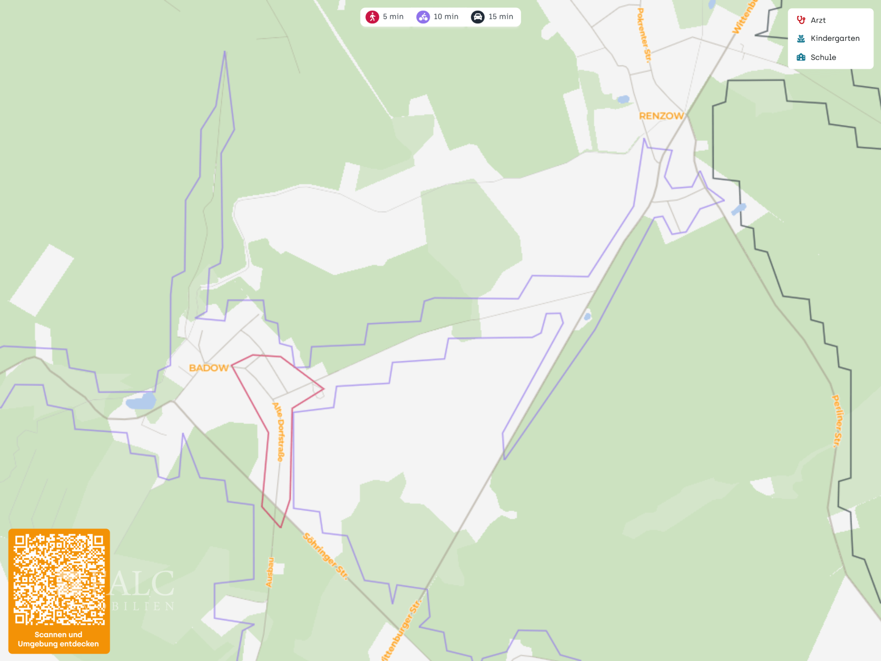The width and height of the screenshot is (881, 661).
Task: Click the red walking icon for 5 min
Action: (372, 17)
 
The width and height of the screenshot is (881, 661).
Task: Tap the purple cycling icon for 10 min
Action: (423, 17)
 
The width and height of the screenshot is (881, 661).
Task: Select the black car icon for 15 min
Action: (478, 17)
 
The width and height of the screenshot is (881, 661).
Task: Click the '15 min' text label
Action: (501, 17)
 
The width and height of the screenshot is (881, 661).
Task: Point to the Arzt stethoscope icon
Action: (801, 20)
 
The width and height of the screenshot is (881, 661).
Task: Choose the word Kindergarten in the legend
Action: (835, 39)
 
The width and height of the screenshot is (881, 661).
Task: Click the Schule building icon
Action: (801, 57)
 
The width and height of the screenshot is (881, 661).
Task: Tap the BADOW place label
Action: (209, 368)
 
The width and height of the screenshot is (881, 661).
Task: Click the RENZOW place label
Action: (661, 116)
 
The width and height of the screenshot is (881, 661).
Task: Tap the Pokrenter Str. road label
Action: (644, 35)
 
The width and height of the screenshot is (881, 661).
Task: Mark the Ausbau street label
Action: (270, 572)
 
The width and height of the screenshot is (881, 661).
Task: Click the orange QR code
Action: (59, 579)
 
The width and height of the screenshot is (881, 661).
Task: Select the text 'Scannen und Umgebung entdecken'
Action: (58, 639)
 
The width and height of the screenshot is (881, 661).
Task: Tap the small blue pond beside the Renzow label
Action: (623, 99)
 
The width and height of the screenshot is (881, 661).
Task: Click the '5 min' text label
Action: (393, 17)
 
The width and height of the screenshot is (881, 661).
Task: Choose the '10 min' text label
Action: (446, 17)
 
